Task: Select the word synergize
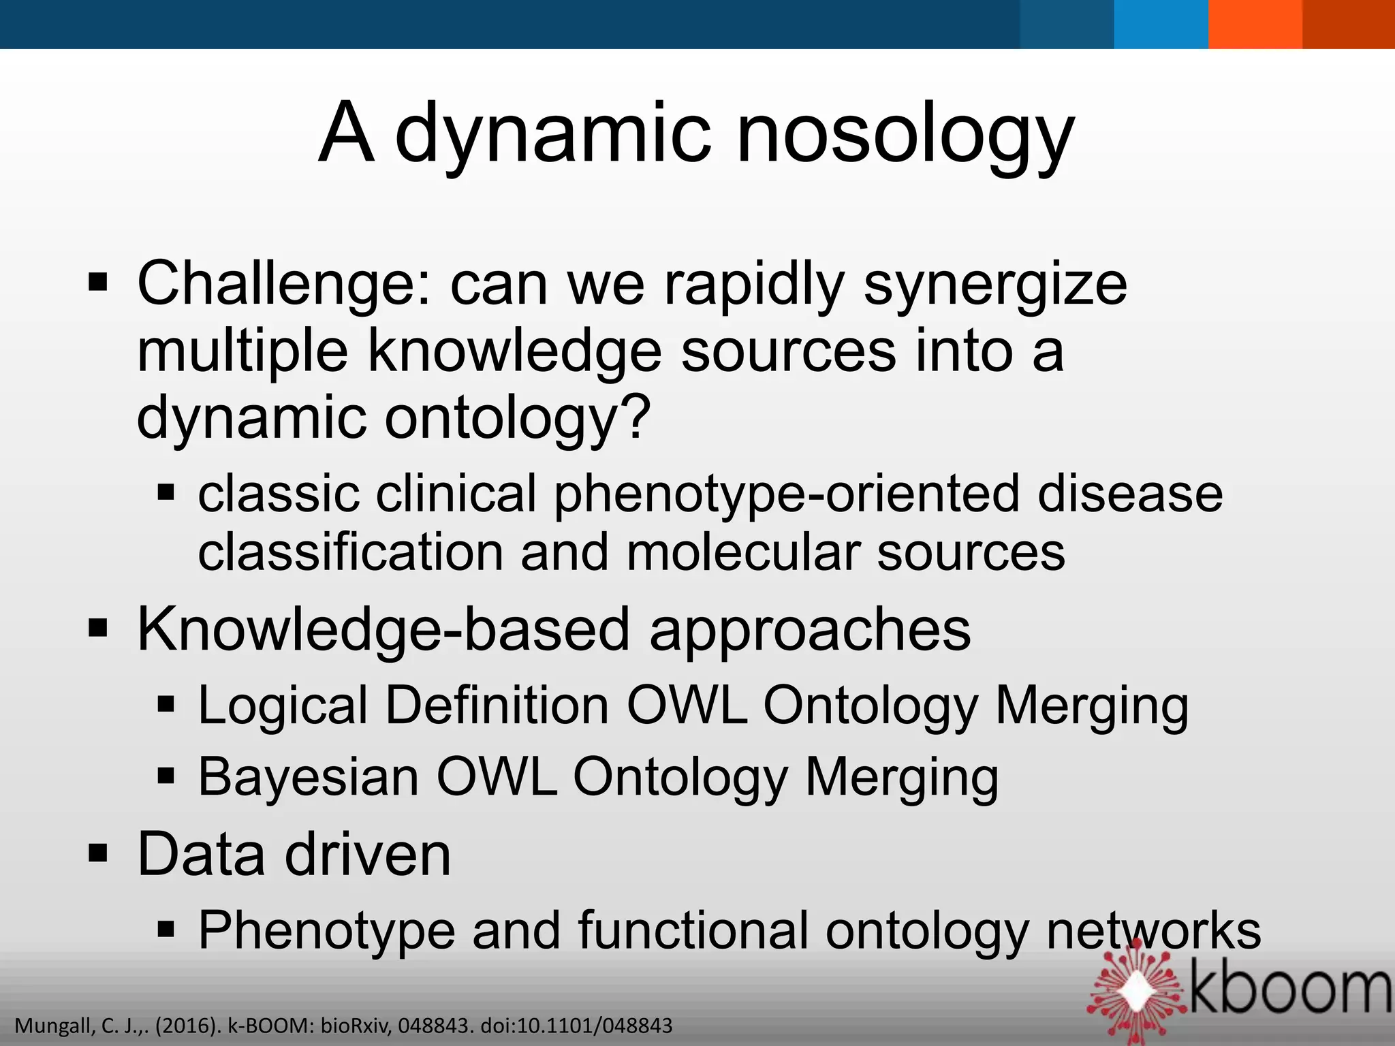coord(995,284)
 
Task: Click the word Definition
coord(497,706)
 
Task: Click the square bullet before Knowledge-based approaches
coord(98,629)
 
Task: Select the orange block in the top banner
coord(1255,24)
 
